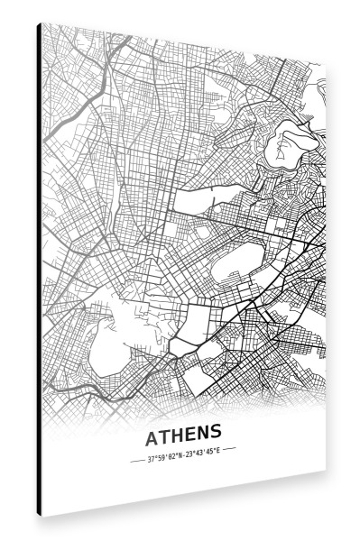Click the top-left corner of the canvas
[41, 23]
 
